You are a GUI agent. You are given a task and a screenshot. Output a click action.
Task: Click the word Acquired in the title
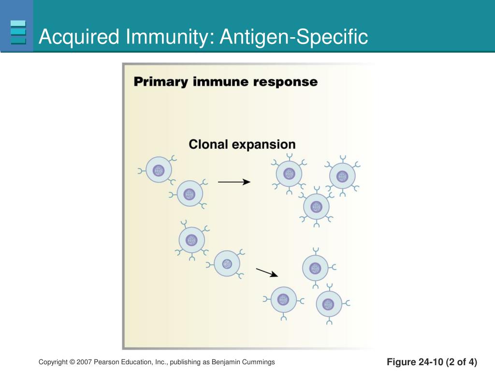(x=79, y=37)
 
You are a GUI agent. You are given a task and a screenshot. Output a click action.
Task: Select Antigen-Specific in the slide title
(x=294, y=37)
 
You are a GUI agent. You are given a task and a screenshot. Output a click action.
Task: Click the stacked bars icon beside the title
(x=18, y=32)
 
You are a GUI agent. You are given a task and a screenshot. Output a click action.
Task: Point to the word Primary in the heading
(x=160, y=82)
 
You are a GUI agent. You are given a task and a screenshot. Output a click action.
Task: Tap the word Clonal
(x=208, y=144)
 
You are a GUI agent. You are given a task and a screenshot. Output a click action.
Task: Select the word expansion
(x=264, y=145)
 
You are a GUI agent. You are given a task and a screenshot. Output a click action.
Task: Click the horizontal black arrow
(x=234, y=182)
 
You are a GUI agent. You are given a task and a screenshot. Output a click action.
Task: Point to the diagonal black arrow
(x=267, y=272)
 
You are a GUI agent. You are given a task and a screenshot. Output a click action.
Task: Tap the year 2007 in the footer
(x=84, y=362)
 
